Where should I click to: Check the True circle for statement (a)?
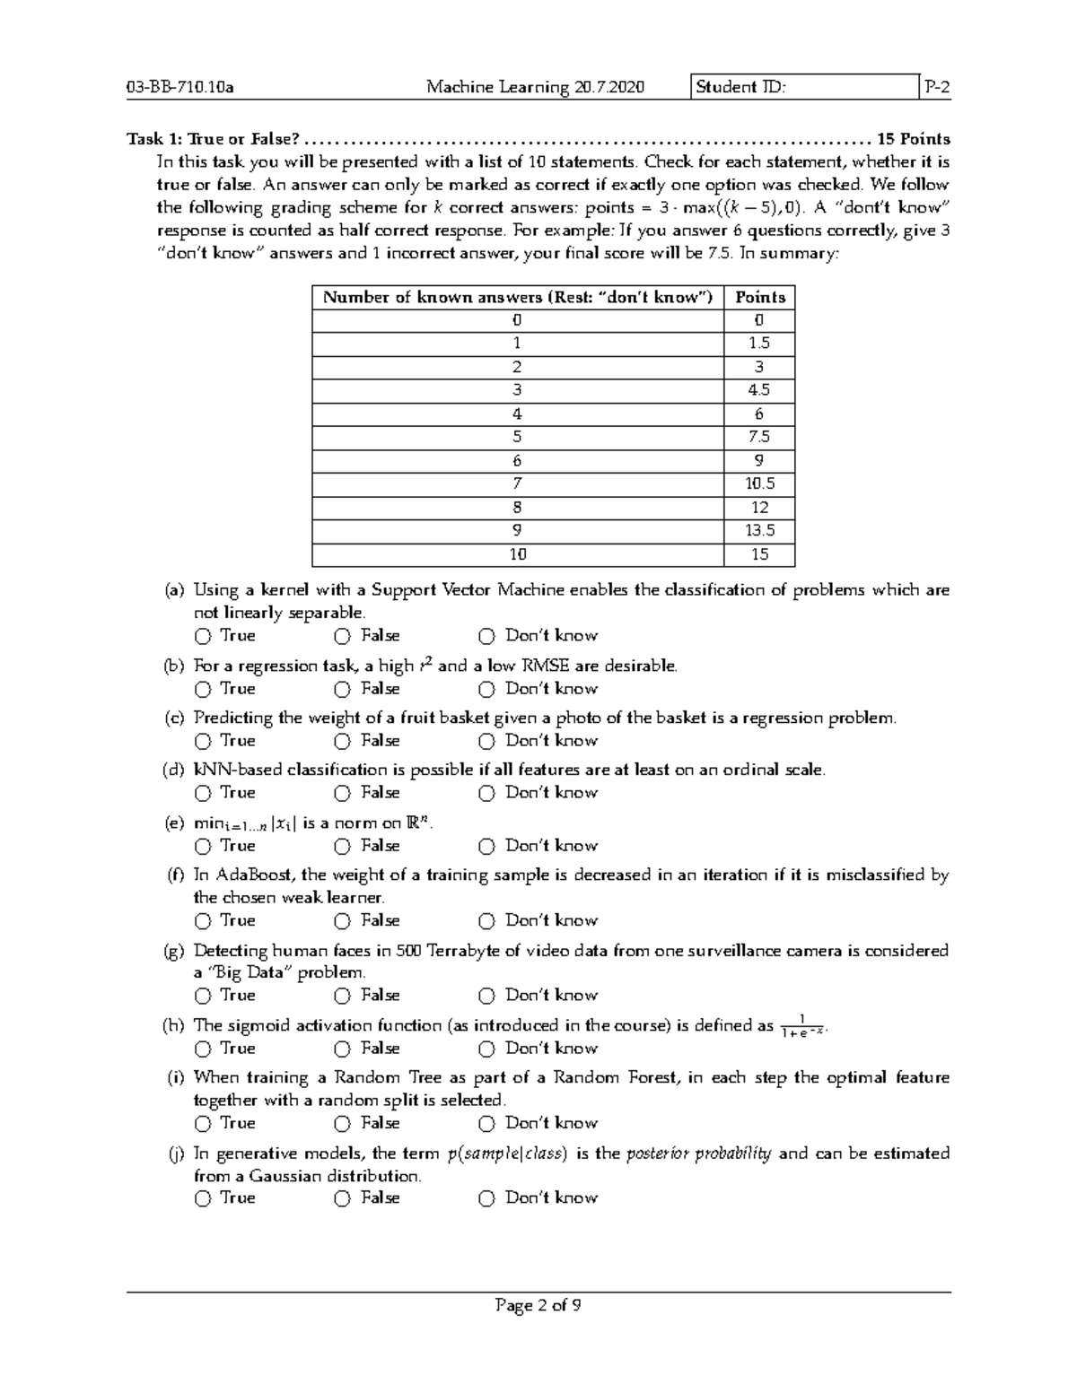203,637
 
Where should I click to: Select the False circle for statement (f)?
343,921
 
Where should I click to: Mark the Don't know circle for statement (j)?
486,1198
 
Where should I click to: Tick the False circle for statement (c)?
343,742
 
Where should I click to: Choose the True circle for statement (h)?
203,1049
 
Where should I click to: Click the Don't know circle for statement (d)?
486,794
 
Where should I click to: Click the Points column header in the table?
759,298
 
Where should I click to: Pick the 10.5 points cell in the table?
759,484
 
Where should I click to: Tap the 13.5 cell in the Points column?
759,531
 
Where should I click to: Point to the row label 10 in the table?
518,554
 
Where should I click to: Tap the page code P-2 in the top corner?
936,87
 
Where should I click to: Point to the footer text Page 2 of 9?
538,1306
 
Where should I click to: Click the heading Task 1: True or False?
213,139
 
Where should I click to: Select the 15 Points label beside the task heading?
913,139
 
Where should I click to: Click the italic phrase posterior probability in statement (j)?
698,1154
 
